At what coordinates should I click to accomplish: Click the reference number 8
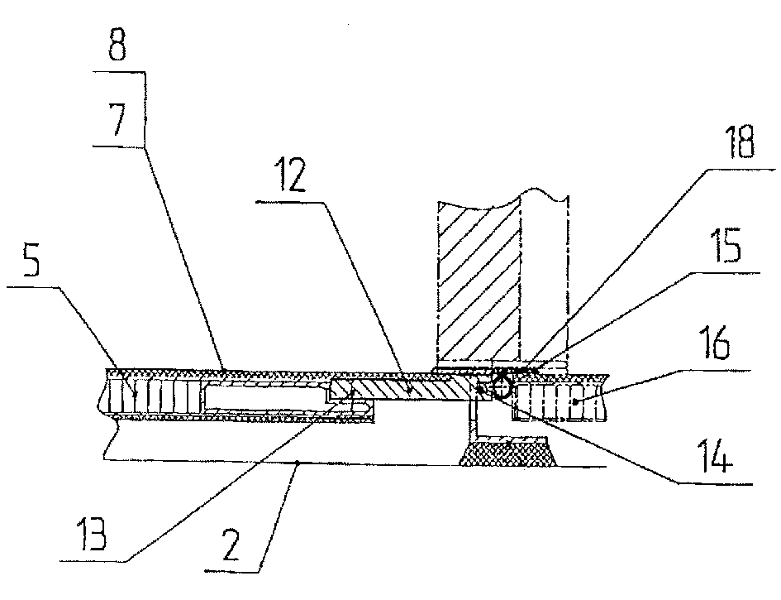(116, 48)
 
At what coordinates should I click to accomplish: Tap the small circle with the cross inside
(500, 383)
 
